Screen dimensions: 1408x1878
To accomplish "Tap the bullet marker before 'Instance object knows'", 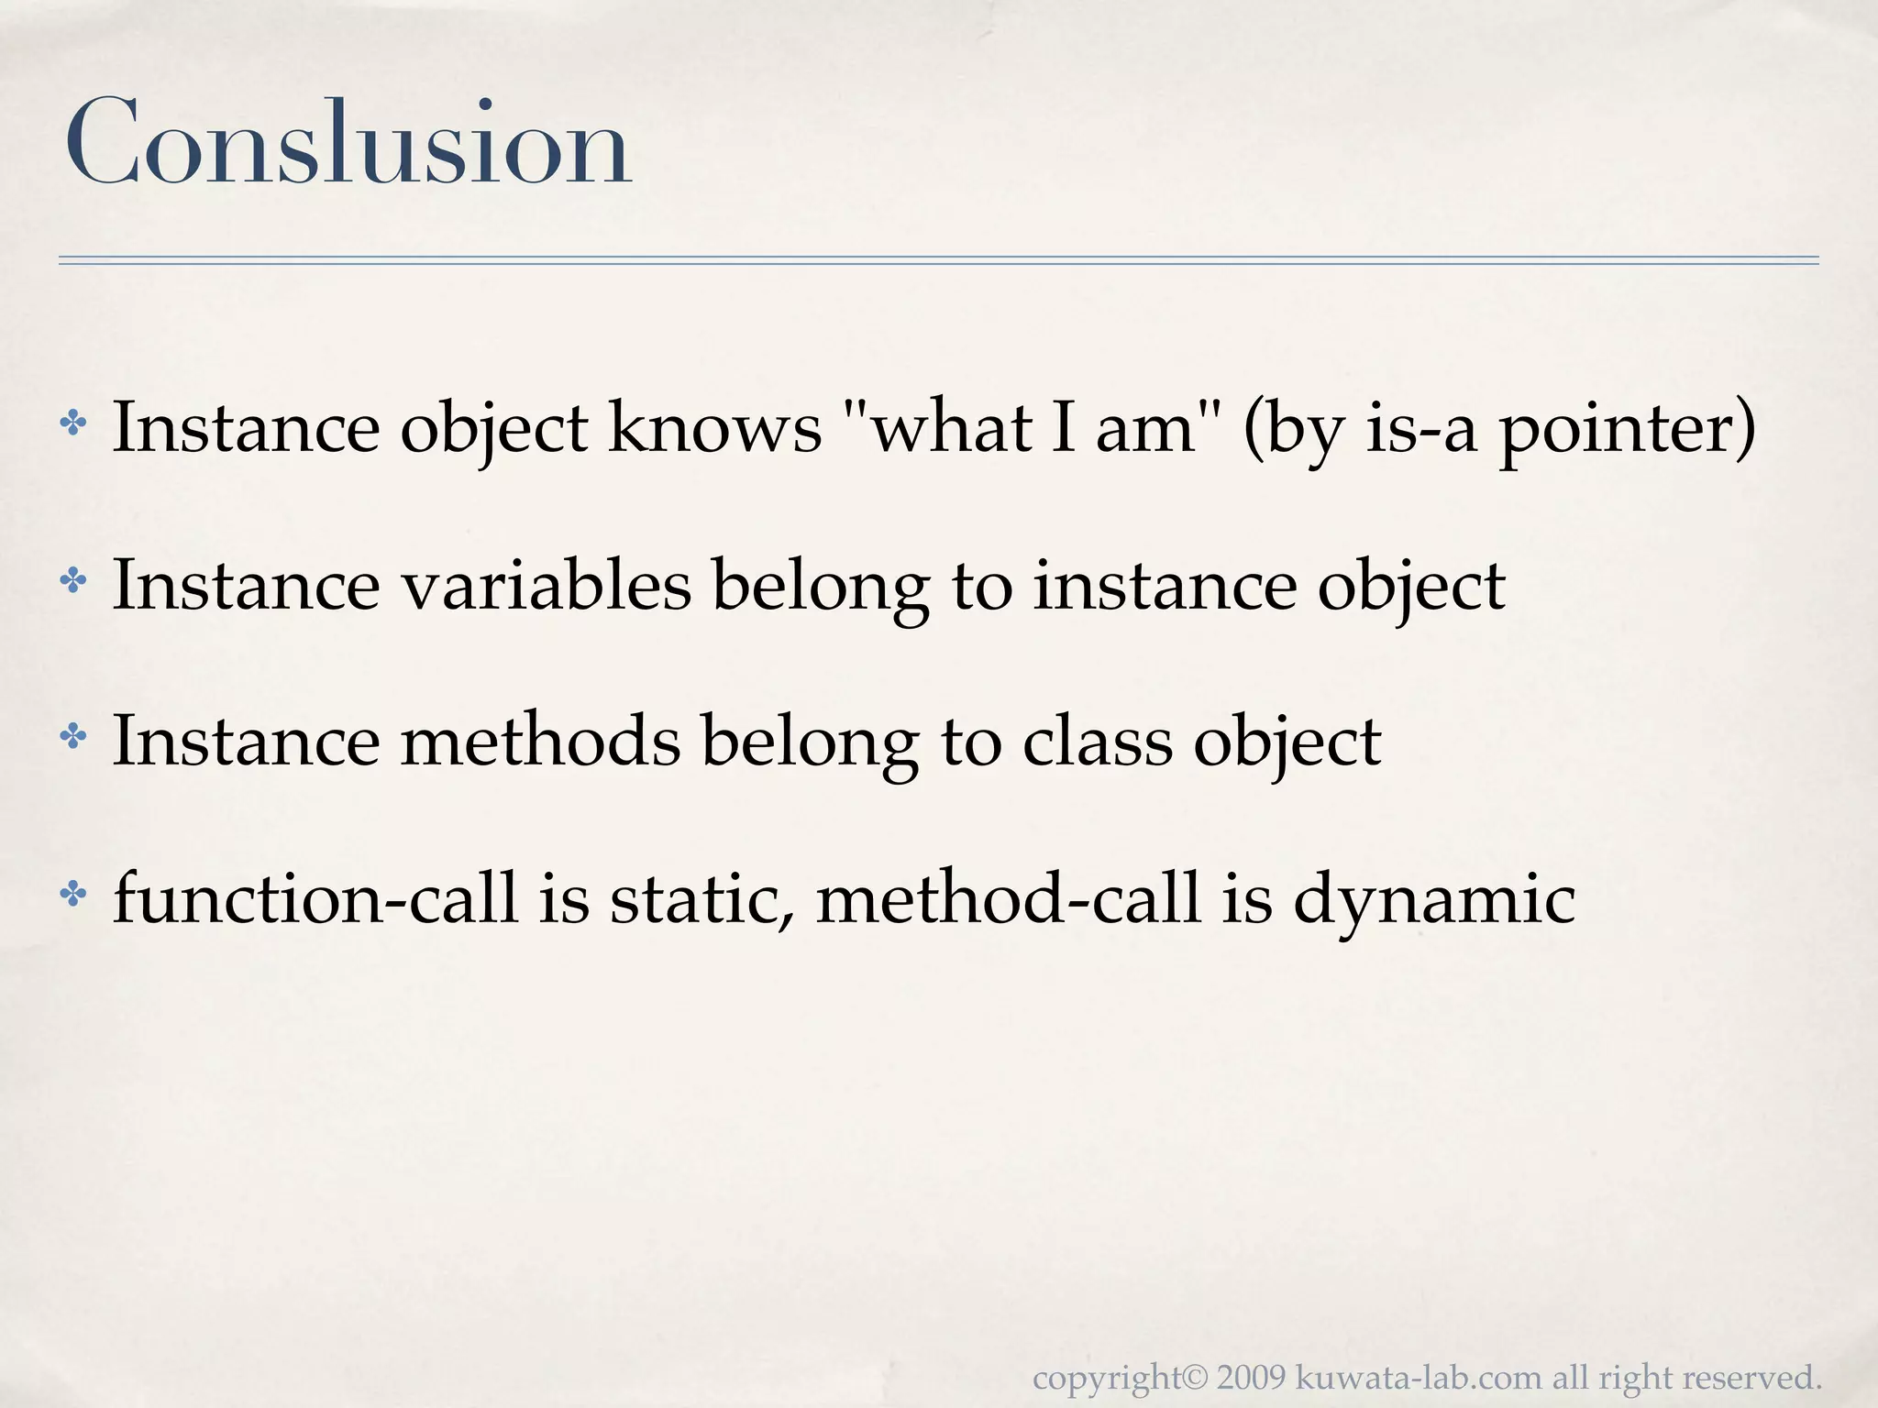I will (72, 423).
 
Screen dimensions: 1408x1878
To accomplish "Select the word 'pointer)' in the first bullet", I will (1627, 431).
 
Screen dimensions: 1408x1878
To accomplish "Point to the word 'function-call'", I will (315, 898).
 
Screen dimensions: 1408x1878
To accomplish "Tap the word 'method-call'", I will (1008, 898).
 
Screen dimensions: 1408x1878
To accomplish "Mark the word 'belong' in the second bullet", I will (821, 587).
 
